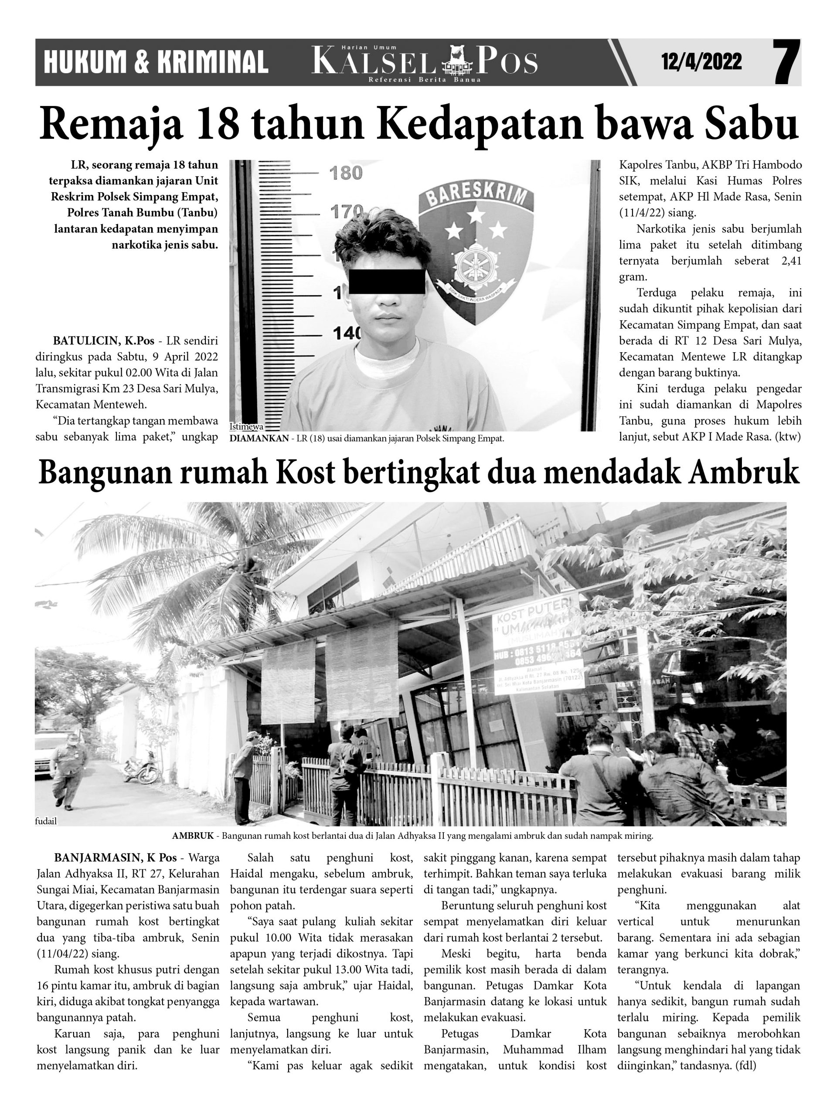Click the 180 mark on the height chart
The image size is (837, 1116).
tap(346, 174)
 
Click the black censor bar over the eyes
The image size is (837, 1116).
tap(387, 282)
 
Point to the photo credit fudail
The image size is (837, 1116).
tap(46, 821)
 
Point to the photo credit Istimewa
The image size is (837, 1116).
tap(243, 427)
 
